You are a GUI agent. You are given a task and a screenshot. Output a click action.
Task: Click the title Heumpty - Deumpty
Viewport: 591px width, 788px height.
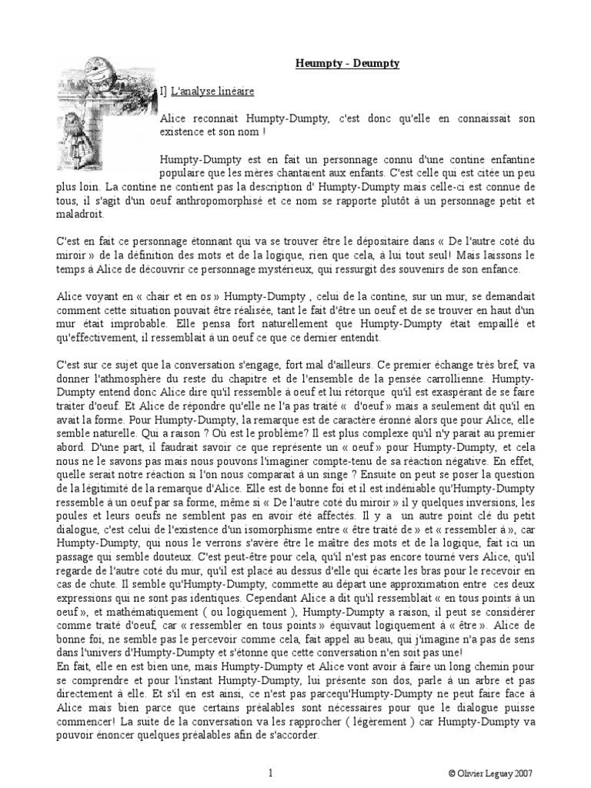tap(348, 64)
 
